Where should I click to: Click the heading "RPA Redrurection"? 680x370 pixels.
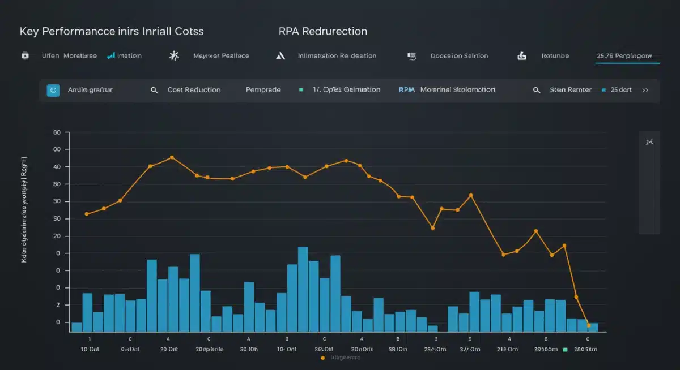click(x=323, y=31)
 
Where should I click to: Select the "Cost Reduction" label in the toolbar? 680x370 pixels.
click(x=194, y=90)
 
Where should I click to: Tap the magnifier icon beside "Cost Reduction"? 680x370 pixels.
click(x=154, y=90)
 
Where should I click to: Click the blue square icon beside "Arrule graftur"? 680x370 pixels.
click(x=53, y=90)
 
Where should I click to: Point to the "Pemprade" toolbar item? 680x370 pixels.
click(x=263, y=90)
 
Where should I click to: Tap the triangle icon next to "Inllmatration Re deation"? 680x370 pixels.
click(x=280, y=56)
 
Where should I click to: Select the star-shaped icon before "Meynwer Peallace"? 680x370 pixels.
click(x=174, y=56)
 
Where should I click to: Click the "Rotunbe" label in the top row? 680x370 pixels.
click(x=555, y=56)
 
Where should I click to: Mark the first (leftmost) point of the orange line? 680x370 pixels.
click(x=87, y=214)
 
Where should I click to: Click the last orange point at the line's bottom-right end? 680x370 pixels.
click(x=589, y=325)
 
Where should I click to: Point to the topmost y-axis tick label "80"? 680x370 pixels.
click(x=57, y=132)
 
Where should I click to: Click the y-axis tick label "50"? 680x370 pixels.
click(x=57, y=219)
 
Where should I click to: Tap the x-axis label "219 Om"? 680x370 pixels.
click(x=508, y=349)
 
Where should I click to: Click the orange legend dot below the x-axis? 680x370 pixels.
click(x=322, y=358)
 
